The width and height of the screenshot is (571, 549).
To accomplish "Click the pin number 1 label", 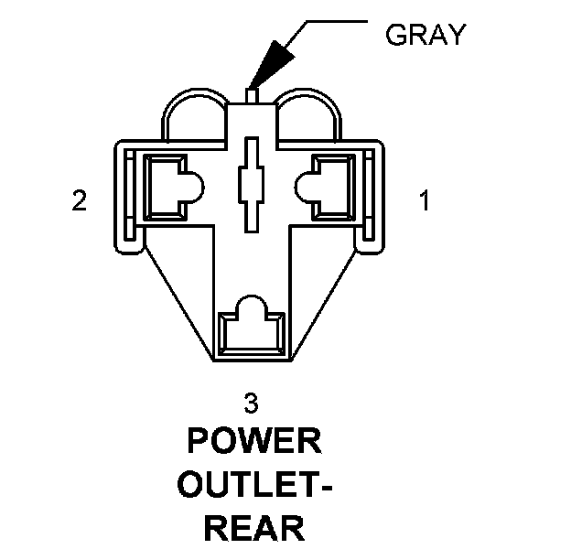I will point(423,199).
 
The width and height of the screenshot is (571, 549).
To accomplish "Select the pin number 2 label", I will point(80,200).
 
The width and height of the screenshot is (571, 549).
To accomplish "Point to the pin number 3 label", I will point(251,403).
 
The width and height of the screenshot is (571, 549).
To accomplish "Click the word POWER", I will point(253,442).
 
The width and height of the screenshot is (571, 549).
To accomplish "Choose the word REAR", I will point(253,528).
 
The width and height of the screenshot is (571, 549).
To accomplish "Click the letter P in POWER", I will point(199,442).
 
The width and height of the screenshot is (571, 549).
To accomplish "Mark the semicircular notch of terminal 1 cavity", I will point(305,187).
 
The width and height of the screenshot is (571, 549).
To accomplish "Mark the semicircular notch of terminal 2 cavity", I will point(192,187).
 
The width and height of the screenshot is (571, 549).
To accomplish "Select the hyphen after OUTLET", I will point(325,487).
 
